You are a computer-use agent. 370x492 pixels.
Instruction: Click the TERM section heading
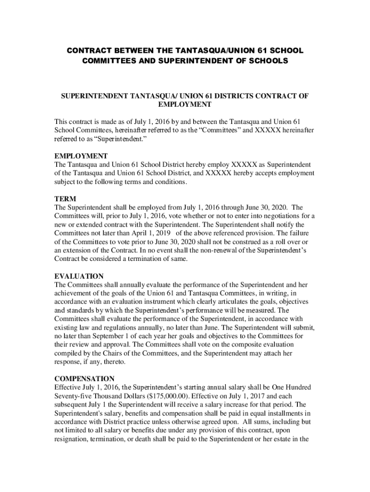pyautogui.click(x=65, y=199)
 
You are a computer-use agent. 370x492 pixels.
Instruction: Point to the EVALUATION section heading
pyautogui.click(x=79, y=276)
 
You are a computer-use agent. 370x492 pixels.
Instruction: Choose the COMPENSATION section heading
pyautogui.click(x=84, y=379)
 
